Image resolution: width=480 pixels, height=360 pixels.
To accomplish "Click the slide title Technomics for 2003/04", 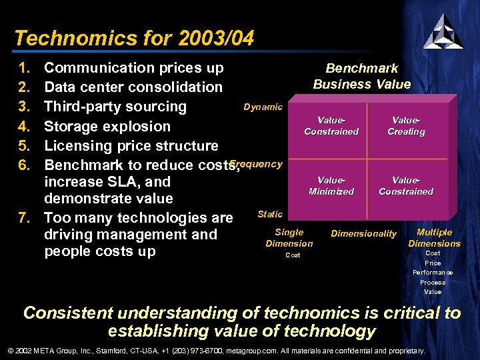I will [134, 38].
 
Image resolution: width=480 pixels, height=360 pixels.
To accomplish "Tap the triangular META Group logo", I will [443, 31].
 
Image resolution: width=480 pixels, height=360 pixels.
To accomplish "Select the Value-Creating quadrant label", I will [406, 126].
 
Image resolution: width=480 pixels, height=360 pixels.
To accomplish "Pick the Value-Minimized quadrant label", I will [331, 186].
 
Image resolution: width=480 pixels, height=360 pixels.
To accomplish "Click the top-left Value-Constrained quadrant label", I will [331, 126].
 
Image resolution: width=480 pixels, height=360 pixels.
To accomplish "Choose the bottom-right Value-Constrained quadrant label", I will [406, 186].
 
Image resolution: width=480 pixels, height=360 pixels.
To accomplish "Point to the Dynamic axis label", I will [263, 107].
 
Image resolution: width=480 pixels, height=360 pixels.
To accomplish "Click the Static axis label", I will [270, 214].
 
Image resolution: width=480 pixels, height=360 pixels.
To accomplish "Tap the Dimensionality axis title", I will [363, 233].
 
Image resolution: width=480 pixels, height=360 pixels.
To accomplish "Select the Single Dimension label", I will [289, 238].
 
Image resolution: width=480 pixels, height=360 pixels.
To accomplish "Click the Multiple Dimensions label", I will [434, 238].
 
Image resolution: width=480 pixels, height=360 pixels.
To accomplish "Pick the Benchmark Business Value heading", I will [362, 76].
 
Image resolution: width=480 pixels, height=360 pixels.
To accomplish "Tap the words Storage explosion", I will [107, 126].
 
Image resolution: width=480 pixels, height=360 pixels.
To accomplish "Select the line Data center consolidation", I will [133, 87].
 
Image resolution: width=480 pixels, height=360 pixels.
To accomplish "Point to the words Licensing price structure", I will [131, 145].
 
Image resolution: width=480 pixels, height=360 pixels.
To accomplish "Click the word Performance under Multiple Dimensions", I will [433, 273].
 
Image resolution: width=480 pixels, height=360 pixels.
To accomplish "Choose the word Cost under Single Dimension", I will [293, 255].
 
